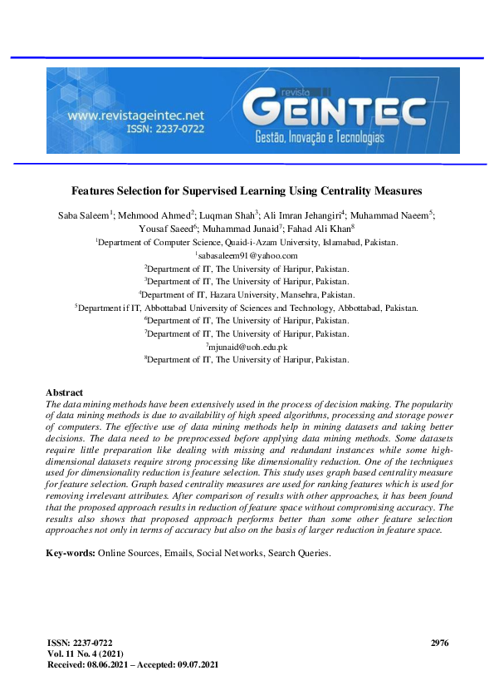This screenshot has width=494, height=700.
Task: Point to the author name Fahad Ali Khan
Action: tap(319, 229)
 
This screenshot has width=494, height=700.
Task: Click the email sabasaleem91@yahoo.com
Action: tap(247, 256)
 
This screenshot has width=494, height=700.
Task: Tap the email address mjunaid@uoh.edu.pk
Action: tap(247, 346)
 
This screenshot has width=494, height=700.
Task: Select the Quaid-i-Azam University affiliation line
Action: tap(247, 243)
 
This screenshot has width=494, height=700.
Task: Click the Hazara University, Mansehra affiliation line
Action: tap(247, 294)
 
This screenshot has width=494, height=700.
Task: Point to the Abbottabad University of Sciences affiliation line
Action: tap(247, 308)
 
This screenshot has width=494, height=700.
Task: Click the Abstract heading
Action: tap(65, 392)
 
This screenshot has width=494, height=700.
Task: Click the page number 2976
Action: tap(440, 643)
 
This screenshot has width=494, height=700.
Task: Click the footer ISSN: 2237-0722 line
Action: tap(81, 643)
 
